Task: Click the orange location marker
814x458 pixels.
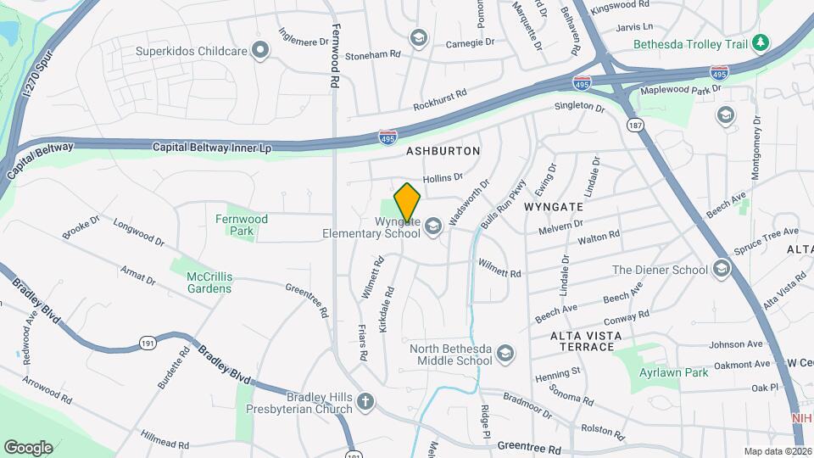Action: (408, 203)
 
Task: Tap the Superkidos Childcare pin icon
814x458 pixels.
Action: (261, 52)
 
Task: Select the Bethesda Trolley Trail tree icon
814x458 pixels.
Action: (761, 42)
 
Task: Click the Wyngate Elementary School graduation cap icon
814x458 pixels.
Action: (433, 226)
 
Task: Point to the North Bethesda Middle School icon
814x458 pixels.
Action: (505, 353)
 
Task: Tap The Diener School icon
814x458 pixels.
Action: (721, 270)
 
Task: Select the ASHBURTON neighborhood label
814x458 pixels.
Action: (443, 151)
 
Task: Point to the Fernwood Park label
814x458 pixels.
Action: (242, 225)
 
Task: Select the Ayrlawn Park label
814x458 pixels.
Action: (672, 372)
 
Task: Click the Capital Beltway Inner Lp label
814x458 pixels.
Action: (212, 148)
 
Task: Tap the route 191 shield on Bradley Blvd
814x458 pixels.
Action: (147, 343)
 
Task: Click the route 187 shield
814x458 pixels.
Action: (634, 125)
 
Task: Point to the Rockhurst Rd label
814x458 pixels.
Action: (440, 102)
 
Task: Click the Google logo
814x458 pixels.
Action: (28, 447)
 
